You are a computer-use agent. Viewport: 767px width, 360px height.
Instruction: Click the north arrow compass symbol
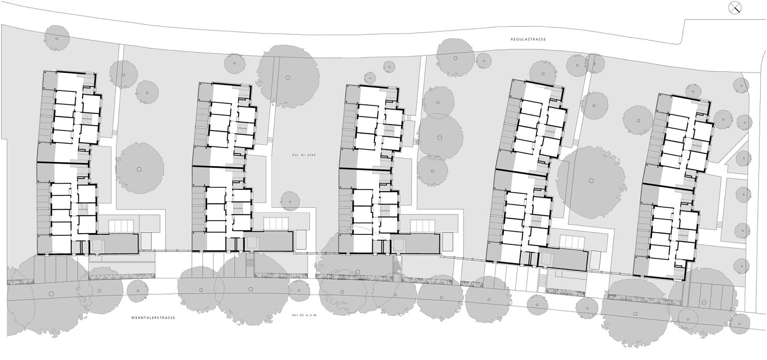point(735,7)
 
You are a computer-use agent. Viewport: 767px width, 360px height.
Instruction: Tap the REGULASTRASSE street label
point(528,39)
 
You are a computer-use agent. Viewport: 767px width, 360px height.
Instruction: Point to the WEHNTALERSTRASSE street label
point(153,317)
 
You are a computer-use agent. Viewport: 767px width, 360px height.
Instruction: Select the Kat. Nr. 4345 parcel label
point(304,155)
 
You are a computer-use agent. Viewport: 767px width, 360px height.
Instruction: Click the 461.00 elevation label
point(304,315)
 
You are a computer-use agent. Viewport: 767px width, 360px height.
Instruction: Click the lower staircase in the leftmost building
point(83,209)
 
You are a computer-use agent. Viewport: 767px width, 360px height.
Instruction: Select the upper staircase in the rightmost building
point(697,145)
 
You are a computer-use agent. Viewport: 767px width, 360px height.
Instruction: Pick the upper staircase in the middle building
point(389,130)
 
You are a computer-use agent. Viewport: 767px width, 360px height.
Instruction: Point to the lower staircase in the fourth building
point(536,220)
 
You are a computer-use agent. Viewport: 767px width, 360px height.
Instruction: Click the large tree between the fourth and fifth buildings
point(591,181)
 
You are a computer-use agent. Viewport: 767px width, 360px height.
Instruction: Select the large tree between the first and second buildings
point(139,169)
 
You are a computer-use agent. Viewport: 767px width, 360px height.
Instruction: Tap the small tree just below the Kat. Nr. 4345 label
point(289,201)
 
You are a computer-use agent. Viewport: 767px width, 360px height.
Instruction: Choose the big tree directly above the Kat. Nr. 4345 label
point(288,78)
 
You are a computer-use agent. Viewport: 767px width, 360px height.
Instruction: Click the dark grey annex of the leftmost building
point(113,244)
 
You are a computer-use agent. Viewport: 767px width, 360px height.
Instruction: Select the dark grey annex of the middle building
point(414,244)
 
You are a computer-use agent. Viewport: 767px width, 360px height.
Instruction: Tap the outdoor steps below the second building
point(250,264)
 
